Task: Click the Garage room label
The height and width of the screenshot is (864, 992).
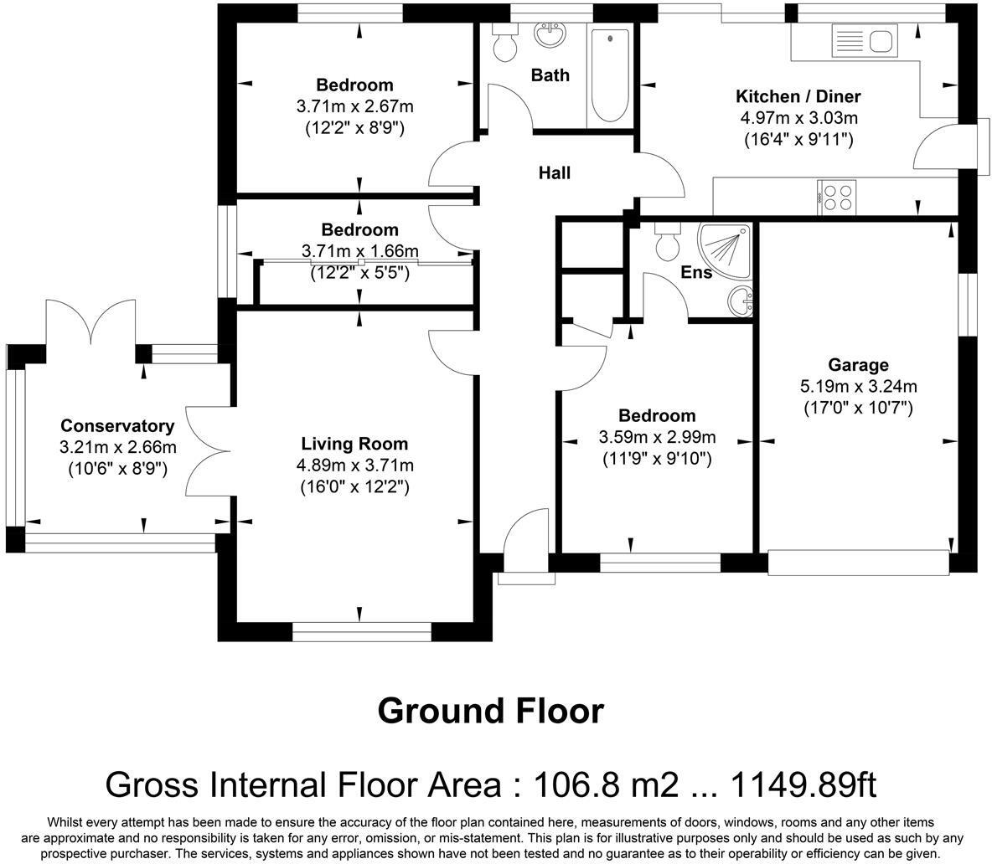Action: [858, 365]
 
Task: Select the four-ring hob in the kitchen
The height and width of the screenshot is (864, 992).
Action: [837, 198]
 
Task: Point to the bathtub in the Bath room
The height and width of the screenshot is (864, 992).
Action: [610, 76]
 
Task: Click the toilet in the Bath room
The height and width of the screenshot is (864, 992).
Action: [504, 43]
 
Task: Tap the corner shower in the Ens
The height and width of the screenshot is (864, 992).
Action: [725, 250]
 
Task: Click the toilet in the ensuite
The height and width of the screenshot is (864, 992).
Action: [667, 241]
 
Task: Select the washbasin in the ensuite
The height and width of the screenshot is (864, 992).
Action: [740, 301]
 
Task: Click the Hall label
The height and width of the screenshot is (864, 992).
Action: [554, 172]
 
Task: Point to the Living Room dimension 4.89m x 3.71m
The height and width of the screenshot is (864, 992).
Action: [355, 465]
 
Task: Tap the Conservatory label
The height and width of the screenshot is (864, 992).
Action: [117, 426]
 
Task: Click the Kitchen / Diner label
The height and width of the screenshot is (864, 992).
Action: [798, 97]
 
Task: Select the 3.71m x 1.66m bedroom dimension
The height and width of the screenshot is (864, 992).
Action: [360, 251]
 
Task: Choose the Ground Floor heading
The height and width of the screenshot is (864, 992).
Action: [490, 711]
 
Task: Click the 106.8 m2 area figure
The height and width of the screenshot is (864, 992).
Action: [606, 784]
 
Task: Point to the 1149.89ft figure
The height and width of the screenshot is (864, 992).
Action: [803, 784]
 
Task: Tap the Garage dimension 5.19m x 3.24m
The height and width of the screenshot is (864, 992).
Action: [859, 386]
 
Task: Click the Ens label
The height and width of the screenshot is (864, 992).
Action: [696, 272]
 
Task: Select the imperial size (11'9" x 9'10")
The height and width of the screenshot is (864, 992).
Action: [658, 458]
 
